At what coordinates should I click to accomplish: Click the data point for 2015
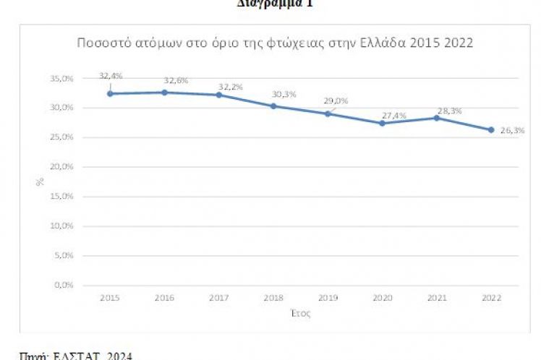[110, 93]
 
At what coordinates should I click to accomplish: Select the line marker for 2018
[273, 106]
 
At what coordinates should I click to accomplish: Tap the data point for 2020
[382, 123]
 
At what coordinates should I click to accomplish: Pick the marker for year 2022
[491, 130]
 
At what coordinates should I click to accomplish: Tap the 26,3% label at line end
[511, 130]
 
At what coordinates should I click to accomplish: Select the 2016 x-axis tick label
[164, 298]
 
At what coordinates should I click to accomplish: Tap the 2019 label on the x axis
[328, 298]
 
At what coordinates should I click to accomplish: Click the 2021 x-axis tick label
[437, 298]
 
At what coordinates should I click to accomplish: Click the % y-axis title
[41, 181]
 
